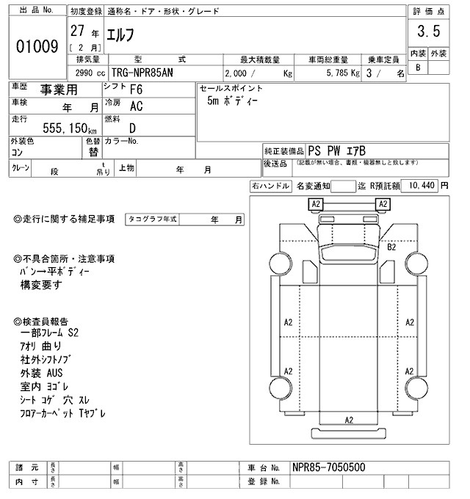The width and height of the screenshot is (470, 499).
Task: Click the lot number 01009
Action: coord(37,47)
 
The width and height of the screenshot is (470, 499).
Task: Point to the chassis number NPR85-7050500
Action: coord(328,467)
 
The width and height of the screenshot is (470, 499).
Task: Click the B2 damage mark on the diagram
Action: coord(391,247)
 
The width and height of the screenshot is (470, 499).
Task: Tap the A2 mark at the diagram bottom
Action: coord(349,419)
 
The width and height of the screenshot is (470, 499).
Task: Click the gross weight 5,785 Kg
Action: coord(339,73)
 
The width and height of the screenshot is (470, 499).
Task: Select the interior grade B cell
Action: coord(417,68)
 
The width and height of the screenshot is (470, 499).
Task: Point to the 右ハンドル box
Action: coord(270,186)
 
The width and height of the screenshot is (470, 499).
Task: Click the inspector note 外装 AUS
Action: coord(42,373)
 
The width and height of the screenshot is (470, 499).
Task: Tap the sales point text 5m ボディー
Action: coord(232,101)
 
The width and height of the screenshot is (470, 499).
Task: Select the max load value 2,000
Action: coord(243,73)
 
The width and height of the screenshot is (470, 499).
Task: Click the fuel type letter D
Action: coord(133,127)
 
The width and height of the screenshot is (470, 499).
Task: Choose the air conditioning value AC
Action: coord(136,106)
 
